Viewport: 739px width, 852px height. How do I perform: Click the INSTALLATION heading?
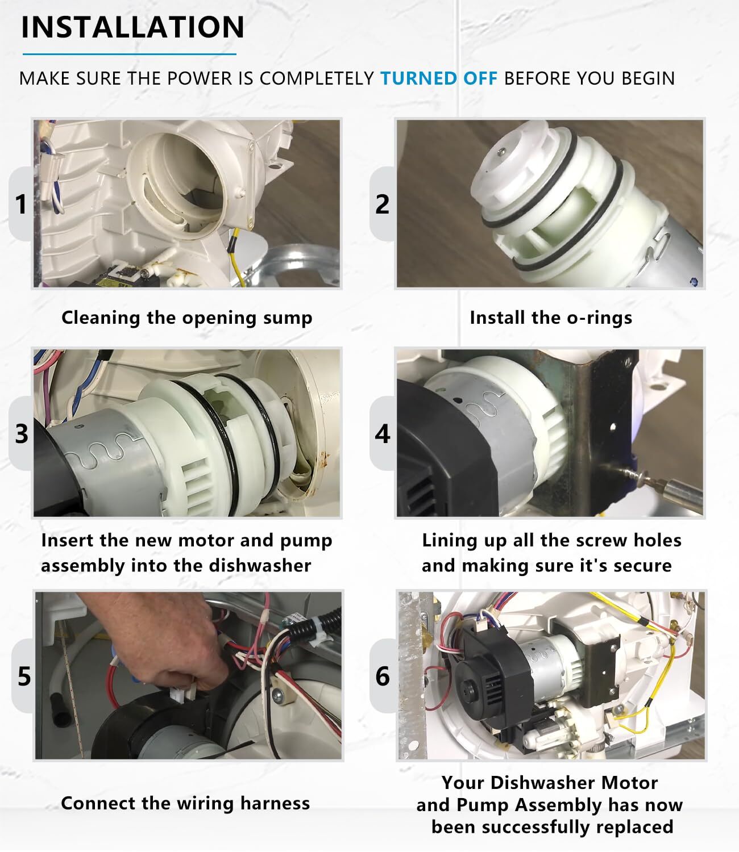tap(132, 27)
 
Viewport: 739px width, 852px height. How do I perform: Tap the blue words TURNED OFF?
tap(439, 78)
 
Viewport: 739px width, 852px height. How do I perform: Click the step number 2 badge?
tap(383, 204)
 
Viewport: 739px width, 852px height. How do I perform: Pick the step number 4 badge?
tap(383, 433)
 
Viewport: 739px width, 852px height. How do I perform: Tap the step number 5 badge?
tap(23, 676)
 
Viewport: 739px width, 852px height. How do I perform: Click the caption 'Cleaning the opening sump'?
tap(187, 318)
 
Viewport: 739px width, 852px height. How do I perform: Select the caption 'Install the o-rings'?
tap(551, 318)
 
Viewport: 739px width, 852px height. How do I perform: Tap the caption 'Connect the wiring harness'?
tap(185, 803)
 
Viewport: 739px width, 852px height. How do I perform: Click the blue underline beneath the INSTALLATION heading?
tap(129, 54)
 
